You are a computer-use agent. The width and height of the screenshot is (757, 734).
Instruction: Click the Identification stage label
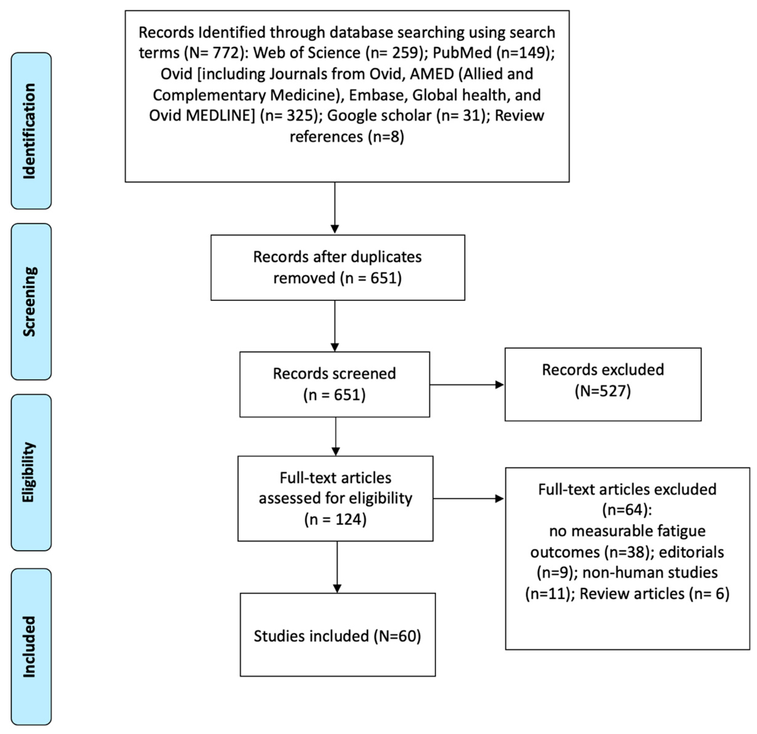(x=31, y=131)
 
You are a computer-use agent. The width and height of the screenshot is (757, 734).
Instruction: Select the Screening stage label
(x=31, y=302)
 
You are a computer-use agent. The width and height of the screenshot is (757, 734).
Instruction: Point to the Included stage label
(x=31, y=647)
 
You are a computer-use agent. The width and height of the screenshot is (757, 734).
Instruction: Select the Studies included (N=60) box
(x=337, y=636)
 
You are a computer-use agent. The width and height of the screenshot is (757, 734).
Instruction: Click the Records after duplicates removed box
(x=337, y=267)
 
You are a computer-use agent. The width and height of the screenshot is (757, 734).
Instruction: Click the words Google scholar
(x=379, y=116)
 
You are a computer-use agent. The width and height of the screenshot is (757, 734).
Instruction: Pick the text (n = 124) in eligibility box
(x=335, y=519)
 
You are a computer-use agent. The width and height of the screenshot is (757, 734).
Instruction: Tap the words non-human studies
(x=650, y=573)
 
